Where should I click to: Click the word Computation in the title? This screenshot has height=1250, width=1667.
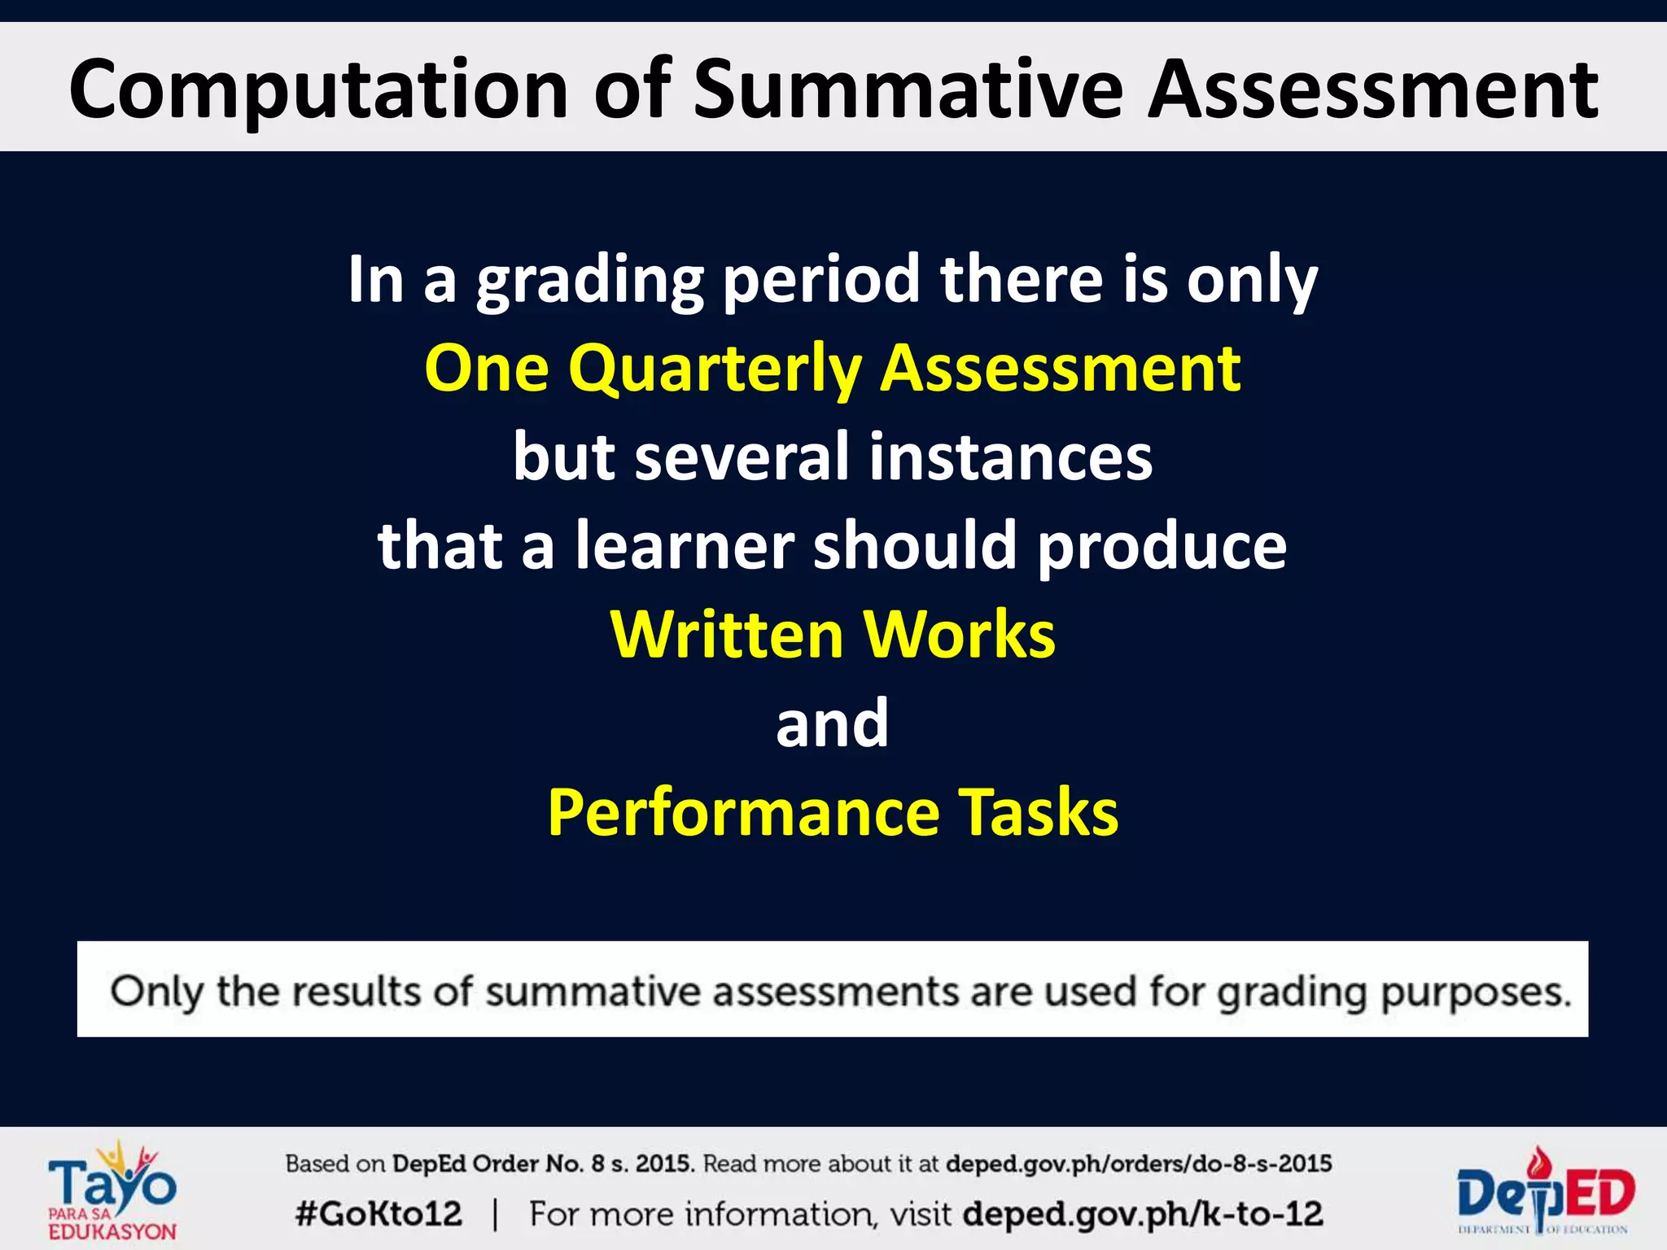317,90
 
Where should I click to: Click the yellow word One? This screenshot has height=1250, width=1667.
486,369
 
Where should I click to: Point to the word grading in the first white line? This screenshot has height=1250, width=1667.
590,281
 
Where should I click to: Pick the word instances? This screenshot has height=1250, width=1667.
1010,457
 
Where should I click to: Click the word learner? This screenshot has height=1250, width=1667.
685,545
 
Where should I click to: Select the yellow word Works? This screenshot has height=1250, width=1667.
960,634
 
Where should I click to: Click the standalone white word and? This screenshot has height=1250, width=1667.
832,723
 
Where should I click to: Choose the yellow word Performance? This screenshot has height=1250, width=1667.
744,812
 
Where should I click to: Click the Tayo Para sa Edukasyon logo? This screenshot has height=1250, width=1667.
112,1189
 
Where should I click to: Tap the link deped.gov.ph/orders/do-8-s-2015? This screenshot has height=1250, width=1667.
1138,1164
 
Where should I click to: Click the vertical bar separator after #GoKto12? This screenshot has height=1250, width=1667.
495,1214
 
